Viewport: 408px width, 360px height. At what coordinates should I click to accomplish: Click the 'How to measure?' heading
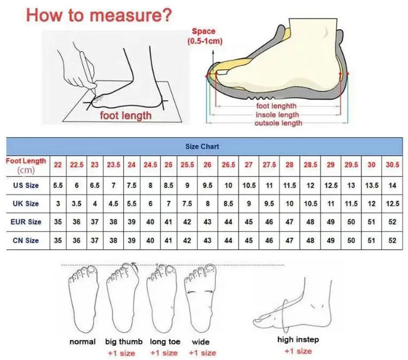tap(99, 15)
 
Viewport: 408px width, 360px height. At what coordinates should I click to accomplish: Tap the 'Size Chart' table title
tap(202, 147)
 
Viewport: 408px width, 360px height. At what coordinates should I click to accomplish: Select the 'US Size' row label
tap(26, 186)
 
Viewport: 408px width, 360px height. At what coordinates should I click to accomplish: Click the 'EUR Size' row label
tap(26, 222)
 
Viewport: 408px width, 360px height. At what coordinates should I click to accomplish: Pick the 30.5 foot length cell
tap(392, 165)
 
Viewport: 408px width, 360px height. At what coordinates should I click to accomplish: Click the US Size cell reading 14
tap(392, 186)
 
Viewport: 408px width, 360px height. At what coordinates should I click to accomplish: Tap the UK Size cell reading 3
tap(58, 204)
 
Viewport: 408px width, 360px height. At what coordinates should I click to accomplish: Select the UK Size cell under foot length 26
tap(207, 204)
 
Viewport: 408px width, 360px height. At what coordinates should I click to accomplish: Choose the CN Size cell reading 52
tap(392, 240)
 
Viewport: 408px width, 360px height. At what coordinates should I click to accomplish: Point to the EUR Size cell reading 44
tap(228, 222)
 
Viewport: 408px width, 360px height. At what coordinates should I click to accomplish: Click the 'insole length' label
tap(277, 114)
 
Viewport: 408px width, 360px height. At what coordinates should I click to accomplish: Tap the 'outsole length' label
tap(278, 123)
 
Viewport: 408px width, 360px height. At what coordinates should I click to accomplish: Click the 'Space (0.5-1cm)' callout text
tap(205, 36)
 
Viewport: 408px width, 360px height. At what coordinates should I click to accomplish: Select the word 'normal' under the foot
tap(83, 341)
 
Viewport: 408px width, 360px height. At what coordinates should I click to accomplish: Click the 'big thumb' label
tap(124, 341)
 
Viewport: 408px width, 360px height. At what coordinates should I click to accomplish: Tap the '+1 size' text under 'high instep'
tap(298, 351)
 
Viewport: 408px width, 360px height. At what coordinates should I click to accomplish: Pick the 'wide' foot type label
tap(201, 341)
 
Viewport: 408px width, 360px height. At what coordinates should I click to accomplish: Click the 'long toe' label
tap(165, 341)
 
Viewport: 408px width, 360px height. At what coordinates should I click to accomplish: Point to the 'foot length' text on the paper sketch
tap(126, 115)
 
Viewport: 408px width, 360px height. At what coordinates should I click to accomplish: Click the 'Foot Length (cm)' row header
tap(26, 166)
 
